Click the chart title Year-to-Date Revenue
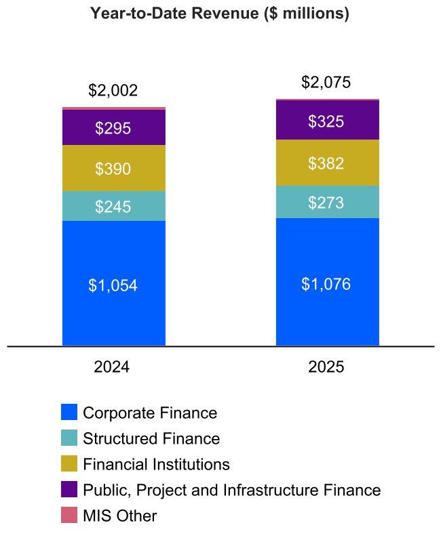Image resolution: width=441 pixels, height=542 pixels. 220,13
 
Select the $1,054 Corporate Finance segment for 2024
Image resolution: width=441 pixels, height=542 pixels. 113,285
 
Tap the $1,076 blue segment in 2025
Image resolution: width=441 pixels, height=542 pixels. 327,283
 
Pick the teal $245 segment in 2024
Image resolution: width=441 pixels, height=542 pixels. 113,207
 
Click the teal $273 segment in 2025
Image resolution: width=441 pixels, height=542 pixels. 327,202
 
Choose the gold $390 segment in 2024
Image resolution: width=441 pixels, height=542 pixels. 113,169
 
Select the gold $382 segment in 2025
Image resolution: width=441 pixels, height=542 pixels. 327,163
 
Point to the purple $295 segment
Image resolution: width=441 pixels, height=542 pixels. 113,128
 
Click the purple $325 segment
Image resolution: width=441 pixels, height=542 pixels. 327,121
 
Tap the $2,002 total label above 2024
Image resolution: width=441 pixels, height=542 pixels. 113,91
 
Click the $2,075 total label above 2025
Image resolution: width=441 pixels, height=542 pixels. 327,83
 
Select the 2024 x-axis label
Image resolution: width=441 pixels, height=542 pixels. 112,367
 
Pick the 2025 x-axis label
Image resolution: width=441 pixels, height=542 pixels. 326,367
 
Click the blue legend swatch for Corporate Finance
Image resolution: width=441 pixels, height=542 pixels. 69,413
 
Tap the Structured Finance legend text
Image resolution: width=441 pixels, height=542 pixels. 151,438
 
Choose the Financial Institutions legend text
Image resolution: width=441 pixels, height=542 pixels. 156,464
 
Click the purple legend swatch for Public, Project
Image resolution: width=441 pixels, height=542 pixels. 69,490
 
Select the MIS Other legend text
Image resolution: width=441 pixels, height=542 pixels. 119,516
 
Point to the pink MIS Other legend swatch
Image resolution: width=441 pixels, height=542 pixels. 69,516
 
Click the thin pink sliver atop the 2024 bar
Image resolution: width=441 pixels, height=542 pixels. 113,108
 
